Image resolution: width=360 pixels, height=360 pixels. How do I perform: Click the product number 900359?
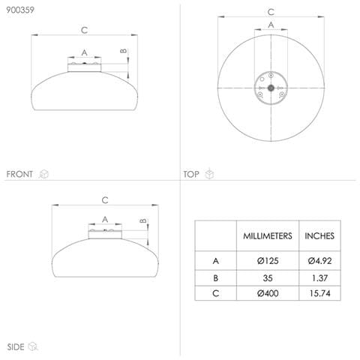(x=20, y=10)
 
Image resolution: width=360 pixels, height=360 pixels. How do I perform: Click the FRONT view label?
(x=19, y=174)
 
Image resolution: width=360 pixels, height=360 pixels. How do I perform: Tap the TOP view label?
(x=191, y=174)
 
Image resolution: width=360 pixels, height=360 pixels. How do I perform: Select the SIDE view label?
(x=16, y=347)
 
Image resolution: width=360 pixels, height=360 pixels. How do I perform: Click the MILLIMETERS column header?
(x=268, y=236)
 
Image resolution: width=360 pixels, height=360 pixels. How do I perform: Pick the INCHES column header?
(x=319, y=236)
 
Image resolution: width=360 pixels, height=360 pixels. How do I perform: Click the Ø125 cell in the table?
(x=268, y=261)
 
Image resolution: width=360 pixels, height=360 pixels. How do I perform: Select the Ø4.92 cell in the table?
(x=319, y=261)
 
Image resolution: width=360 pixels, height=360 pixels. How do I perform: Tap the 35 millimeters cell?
(x=268, y=278)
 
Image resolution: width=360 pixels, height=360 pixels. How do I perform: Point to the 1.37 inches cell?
(x=319, y=278)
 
